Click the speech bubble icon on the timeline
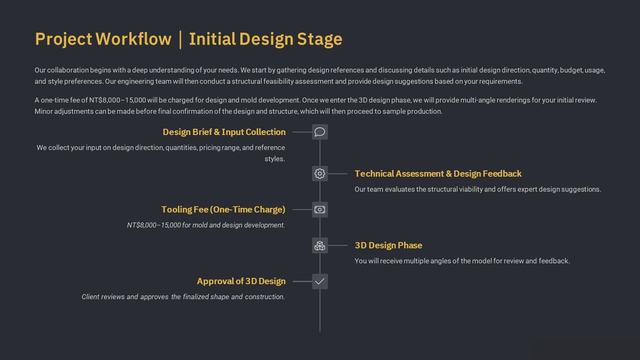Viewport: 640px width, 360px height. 320,132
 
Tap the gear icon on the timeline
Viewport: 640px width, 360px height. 320,174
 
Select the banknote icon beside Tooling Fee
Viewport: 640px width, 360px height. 320,210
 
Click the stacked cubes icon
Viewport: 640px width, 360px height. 320,245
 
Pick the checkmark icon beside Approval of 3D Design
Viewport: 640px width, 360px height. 320,281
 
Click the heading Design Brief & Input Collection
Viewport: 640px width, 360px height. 224,132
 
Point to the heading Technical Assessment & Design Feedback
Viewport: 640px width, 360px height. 438,174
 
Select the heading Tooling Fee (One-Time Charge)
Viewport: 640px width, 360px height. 223,210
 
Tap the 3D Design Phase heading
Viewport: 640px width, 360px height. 388,245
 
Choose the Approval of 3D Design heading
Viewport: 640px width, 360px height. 241,281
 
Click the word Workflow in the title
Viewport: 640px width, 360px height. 133,39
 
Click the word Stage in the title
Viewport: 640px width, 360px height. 320,40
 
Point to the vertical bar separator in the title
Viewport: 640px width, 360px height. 180,40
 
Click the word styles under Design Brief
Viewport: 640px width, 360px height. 275,159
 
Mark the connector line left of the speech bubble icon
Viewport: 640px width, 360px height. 302,132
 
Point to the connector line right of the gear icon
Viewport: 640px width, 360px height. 337,174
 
